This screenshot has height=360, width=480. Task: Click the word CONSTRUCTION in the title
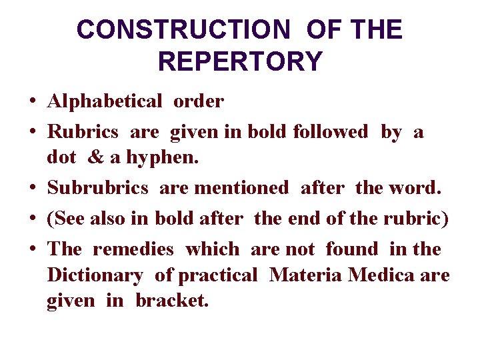point(183,30)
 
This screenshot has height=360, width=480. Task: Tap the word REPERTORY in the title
point(240,61)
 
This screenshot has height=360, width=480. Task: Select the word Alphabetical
point(105,101)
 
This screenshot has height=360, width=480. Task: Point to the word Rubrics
point(83,132)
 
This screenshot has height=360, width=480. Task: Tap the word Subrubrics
point(98,188)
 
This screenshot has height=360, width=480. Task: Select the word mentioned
point(241,188)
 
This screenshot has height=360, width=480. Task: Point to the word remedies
point(133,249)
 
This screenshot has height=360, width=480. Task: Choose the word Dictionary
point(95,275)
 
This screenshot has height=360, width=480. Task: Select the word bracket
point(172,300)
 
